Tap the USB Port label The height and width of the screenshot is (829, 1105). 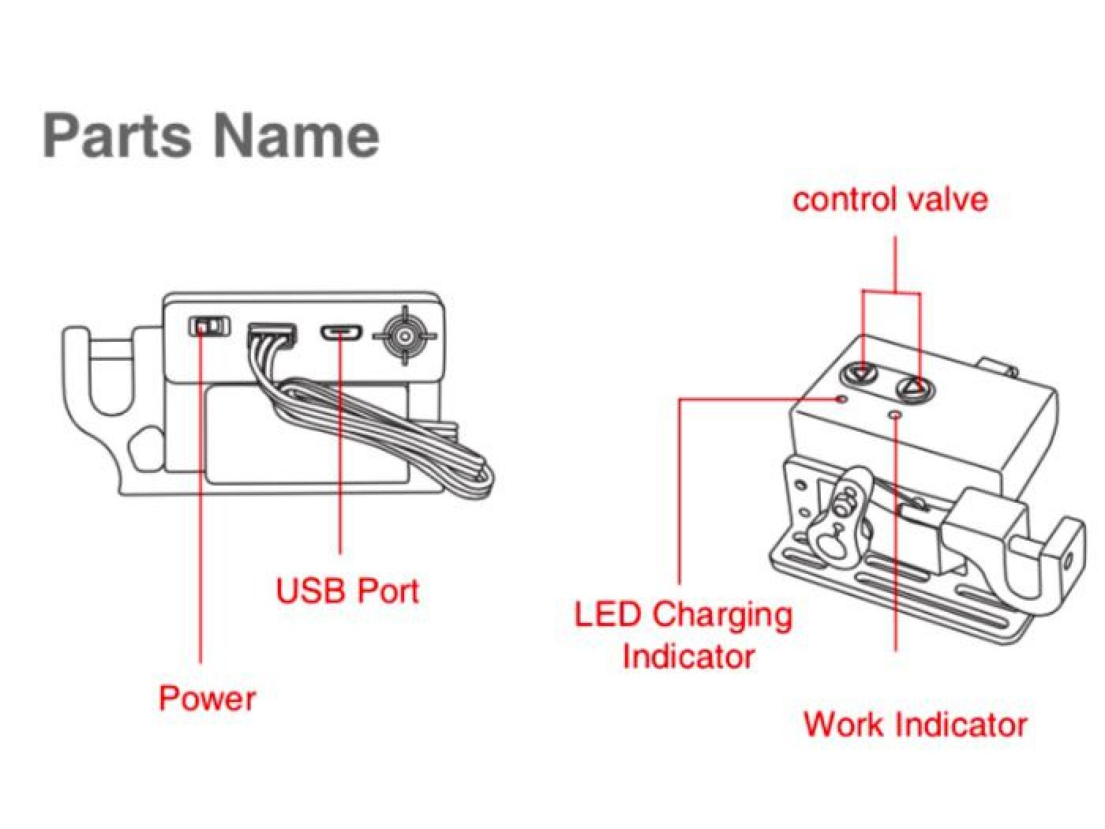pyautogui.click(x=347, y=591)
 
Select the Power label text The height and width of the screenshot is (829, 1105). pyautogui.click(x=207, y=698)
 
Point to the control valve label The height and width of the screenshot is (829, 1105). pyautogui.click(x=890, y=199)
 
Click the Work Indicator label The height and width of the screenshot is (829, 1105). pyautogui.click(x=915, y=724)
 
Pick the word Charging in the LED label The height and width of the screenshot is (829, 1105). pyautogui.click(x=722, y=615)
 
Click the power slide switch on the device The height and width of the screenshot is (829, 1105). pyautogui.click(x=209, y=325)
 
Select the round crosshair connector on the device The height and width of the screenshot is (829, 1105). pyautogui.click(x=405, y=336)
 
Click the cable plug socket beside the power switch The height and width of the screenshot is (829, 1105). pyautogui.click(x=272, y=334)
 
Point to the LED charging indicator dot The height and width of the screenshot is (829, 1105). pyautogui.click(x=842, y=399)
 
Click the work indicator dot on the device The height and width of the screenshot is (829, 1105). pyautogui.click(x=894, y=414)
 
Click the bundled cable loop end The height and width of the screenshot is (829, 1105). pyautogui.click(x=478, y=478)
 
